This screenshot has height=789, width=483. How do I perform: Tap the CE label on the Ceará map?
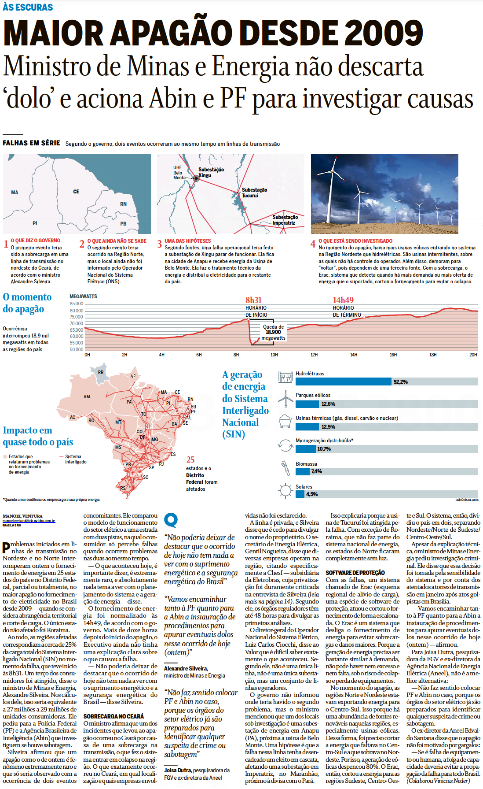click(x=76, y=192)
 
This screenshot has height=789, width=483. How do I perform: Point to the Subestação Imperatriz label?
click(x=285, y=220)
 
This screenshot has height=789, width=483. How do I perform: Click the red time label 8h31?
click(x=253, y=300)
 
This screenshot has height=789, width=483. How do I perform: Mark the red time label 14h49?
click(x=343, y=300)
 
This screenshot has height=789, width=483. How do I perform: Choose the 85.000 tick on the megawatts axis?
click(x=77, y=304)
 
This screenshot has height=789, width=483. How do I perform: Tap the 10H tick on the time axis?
click(x=274, y=355)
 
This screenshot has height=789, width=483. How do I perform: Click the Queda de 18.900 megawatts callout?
click(x=273, y=333)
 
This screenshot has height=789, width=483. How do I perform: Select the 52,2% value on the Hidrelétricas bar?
click(x=400, y=382)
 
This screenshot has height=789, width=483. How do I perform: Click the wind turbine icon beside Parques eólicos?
click(x=285, y=399)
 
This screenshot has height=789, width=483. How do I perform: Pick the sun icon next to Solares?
click(x=285, y=490)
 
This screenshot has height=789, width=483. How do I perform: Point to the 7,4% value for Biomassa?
click(x=316, y=471)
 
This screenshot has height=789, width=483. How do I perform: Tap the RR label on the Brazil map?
click(x=101, y=372)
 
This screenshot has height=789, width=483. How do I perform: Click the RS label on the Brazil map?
click(x=123, y=488)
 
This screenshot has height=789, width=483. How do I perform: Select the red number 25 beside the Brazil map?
click(x=190, y=459)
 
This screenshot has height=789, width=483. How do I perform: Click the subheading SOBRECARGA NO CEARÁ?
click(x=113, y=716)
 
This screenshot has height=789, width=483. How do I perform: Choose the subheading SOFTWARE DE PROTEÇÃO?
click(x=355, y=573)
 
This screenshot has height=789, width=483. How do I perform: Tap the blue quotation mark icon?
click(x=171, y=520)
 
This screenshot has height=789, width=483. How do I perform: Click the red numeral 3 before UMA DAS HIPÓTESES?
click(x=159, y=244)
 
